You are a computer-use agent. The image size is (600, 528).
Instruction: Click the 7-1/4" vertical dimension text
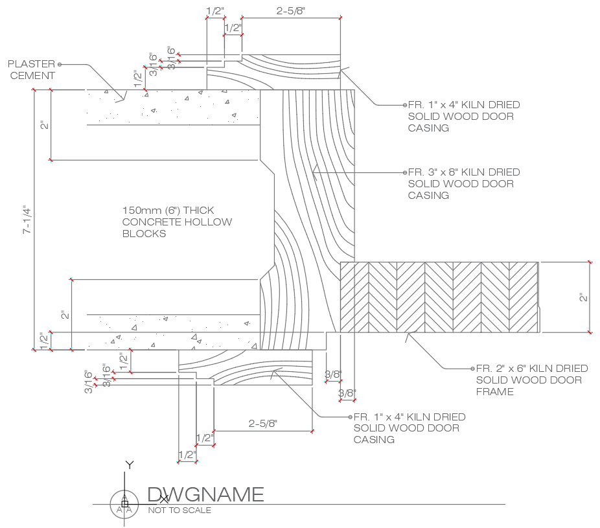(27, 220)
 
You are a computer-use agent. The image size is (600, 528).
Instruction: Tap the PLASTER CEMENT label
(32, 69)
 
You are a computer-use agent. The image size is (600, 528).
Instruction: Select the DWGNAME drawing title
(205, 494)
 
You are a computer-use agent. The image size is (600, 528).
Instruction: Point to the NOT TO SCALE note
(179, 510)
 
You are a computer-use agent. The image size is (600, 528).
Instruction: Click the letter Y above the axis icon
(130, 465)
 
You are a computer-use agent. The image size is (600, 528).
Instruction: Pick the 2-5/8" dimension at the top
(291, 10)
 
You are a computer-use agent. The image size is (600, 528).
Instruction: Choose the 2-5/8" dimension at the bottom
(263, 423)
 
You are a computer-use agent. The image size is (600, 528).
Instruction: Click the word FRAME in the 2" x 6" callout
(495, 392)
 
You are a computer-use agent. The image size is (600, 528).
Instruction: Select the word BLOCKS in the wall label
(144, 233)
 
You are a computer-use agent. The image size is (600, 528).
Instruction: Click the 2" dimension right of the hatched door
(583, 297)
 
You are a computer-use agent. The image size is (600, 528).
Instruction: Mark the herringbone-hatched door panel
(439, 297)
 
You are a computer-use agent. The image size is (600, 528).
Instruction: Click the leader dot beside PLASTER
(60, 64)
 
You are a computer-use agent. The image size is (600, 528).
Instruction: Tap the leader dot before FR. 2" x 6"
(472, 369)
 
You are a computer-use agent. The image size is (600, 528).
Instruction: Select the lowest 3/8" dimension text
(347, 393)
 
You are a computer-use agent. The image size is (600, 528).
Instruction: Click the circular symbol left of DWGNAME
(124, 504)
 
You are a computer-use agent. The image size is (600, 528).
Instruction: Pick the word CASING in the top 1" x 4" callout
(428, 128)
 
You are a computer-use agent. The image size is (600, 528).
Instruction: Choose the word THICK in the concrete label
(198, 211)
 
